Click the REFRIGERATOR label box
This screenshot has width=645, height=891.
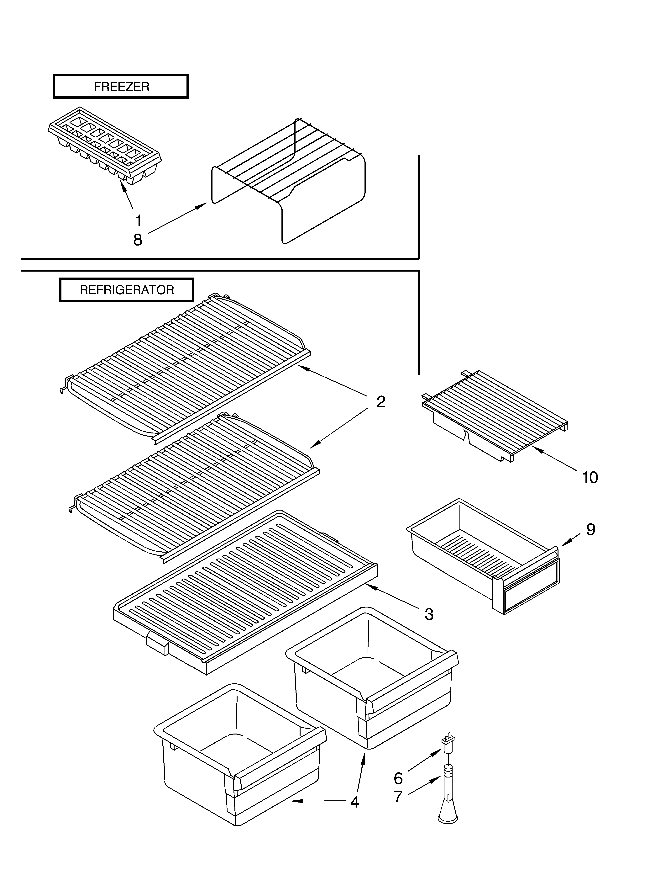pyautogui.click(x=127, y=290)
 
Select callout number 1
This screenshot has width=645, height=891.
pyautogui.click(x=138, y=221)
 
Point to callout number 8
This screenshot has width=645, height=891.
pyautogui.click(x=138, y=240)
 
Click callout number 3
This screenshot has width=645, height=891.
pyautogui.click(x=429, y=614)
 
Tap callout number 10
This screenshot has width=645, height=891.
pyautogui.click(x=590, y=477)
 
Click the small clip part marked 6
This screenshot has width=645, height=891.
pyautogui.click(x=447, y=740)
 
